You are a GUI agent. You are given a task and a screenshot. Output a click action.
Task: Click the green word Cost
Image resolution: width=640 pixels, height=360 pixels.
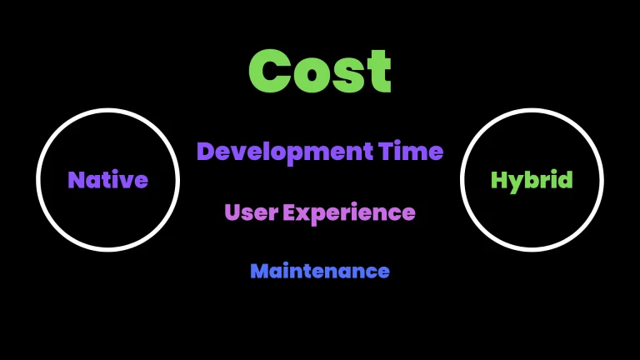320,72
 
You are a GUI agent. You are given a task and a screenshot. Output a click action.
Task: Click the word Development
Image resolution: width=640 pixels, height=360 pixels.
285,152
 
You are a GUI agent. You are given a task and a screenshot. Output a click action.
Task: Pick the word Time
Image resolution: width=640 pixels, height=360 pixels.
411,151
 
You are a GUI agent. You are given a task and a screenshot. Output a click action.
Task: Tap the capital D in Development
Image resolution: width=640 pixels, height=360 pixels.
206,151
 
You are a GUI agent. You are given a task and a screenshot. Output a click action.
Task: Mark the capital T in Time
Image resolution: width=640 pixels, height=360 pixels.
386,151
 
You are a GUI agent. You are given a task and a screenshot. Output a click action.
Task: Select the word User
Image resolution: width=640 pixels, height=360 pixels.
252,212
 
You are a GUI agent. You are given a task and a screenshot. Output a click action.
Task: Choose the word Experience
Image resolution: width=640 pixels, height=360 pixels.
349,213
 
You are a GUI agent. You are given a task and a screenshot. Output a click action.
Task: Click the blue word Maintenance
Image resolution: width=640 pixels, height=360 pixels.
320,271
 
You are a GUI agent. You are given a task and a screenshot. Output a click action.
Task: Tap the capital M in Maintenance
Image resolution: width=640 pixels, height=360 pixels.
260,271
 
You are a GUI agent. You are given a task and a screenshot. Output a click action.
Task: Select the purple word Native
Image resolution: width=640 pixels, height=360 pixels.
107,180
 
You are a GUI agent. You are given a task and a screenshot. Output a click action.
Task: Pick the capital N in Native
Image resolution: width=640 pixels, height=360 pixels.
77,180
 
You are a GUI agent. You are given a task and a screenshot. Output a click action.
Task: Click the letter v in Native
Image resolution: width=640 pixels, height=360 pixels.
125,182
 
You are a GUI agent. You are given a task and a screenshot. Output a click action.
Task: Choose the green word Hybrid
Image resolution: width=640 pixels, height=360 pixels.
532,181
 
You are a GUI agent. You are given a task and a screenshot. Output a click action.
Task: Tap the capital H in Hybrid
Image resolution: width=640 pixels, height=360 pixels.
499,180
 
